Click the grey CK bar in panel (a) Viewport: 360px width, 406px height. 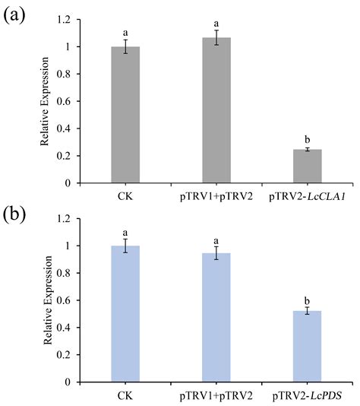125,114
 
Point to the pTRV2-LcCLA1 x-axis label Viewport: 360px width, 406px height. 308,195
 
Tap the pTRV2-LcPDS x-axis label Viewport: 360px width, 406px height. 308,395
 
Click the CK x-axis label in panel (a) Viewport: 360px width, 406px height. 125,195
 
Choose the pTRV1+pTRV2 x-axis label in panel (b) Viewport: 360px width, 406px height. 216,395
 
